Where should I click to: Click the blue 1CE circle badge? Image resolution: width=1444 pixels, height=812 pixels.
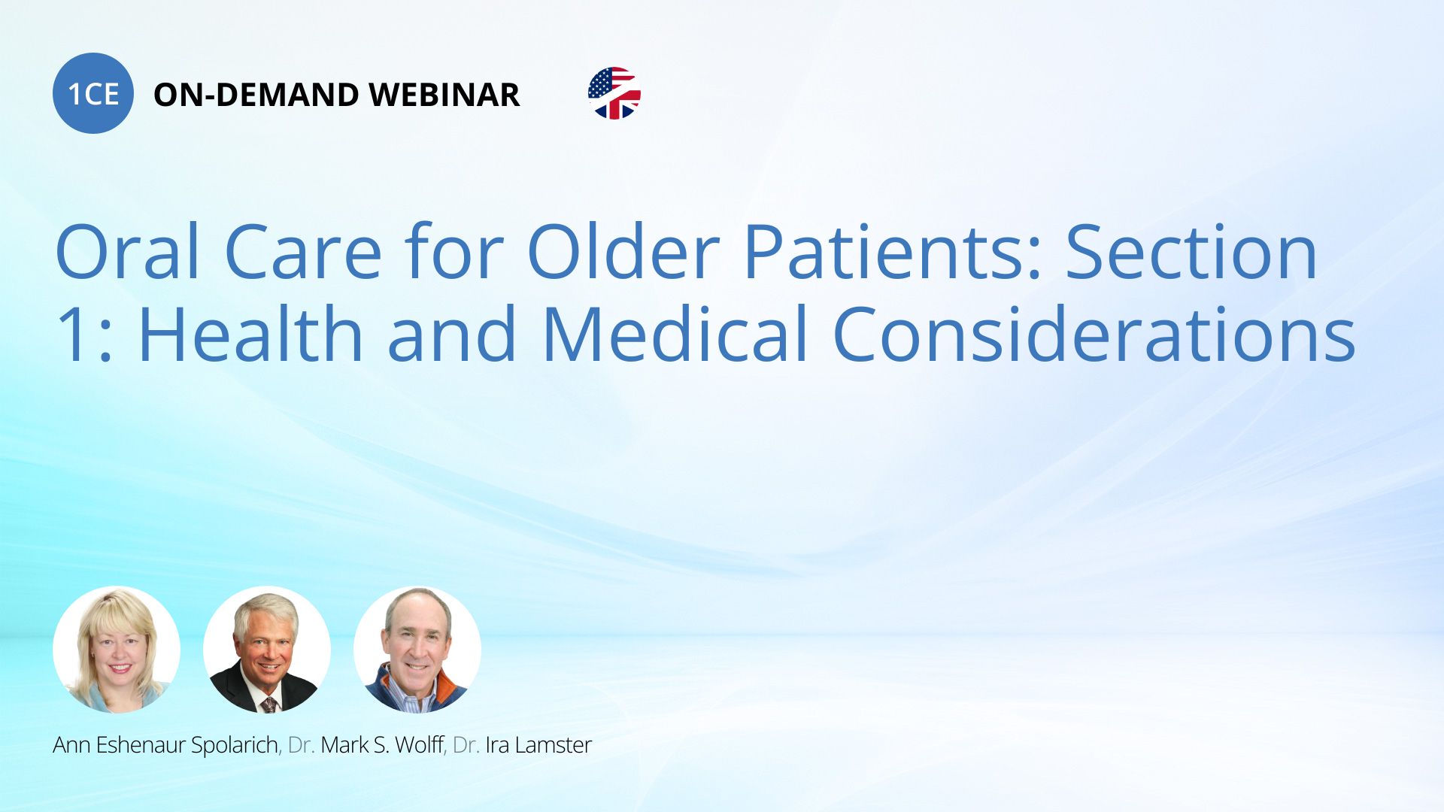pyautogui.click(x=93, y=93)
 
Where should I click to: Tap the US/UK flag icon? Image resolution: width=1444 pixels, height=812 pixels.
pyautogui.click(x=614, y=93)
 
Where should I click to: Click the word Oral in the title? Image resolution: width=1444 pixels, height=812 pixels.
pyautogui.click(x=128, y=252)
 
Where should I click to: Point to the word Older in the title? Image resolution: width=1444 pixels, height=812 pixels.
pyautogui.click(x=623, y=252)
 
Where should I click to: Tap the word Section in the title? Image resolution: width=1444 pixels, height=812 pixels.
pyautogui.click(x=1191, y=252)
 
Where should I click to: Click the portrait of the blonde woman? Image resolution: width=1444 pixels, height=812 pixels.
pyautogui.click(x=117, y=650)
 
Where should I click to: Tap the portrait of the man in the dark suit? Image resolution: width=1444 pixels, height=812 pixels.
pyautogui.click(x=267, y=650)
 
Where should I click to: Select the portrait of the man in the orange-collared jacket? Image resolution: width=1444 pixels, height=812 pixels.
pyautogui.click(x=417, y=650)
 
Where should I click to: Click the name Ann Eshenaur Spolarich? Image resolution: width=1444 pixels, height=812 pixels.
pyautogui.click(x=165, y=745)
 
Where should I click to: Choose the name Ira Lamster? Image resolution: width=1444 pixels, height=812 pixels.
pyautogui.click(x=538, y=745)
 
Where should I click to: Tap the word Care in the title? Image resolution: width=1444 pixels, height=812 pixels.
pyautogui.click(x=303, y=252)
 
